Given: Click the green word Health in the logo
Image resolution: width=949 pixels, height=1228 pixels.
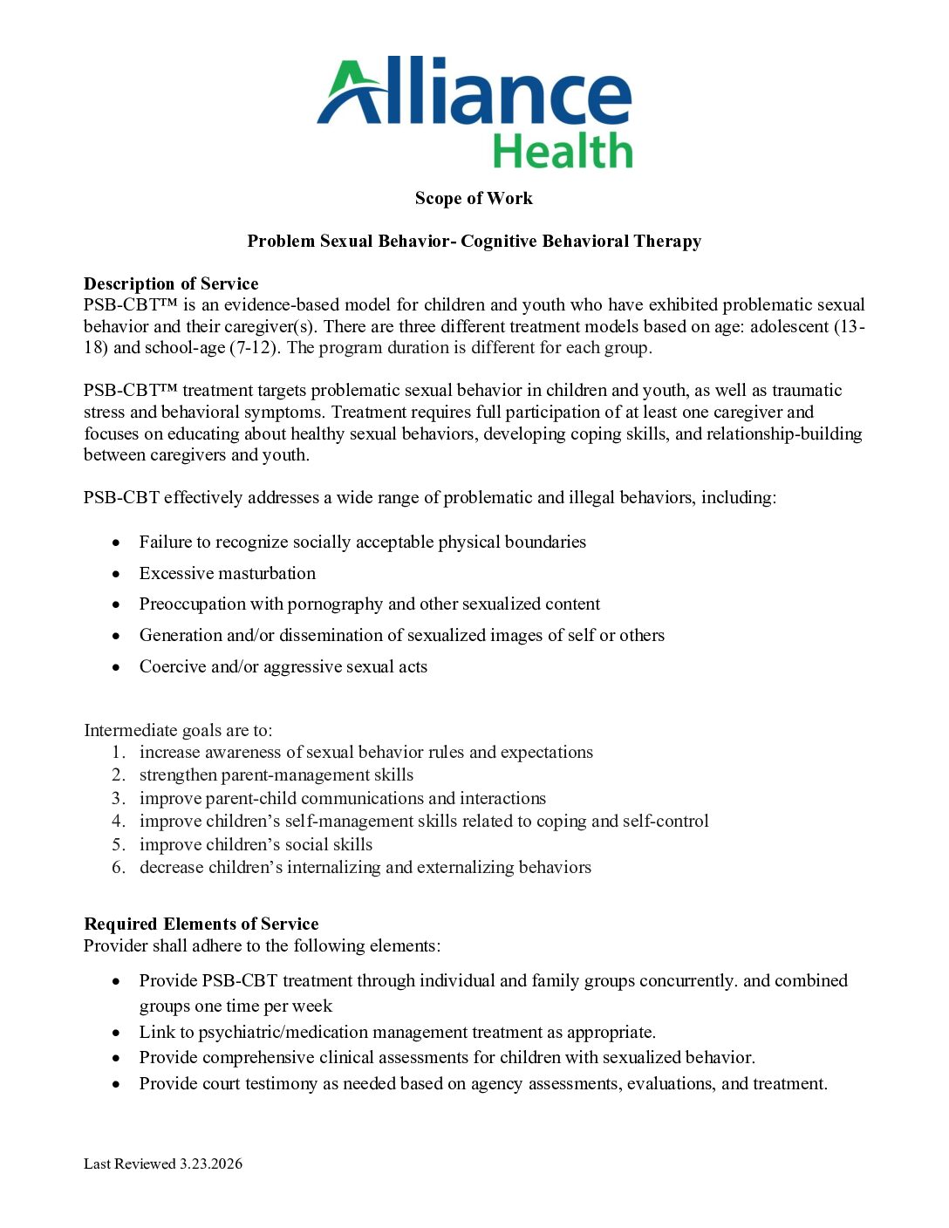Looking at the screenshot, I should click(x=563, y=152).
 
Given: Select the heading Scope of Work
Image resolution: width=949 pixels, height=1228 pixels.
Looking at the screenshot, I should click(x=474, y=199).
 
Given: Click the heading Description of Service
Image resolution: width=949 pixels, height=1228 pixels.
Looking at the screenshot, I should click(x=171, y=283).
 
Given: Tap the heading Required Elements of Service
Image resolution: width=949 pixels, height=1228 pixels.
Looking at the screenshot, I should click(x=201, y=924).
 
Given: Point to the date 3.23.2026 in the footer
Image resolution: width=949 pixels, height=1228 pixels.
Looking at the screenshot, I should click(x=211, y=1163).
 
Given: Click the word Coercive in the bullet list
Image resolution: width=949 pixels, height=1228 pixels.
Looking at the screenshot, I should click(x=171, y=666).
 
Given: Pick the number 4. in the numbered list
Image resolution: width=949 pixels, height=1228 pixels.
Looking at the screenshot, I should click(x=119, y=821).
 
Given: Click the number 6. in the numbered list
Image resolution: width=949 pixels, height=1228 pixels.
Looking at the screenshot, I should click(x=119, y=867).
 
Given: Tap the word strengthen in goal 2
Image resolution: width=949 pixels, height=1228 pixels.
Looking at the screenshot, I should click(x=178, y=774).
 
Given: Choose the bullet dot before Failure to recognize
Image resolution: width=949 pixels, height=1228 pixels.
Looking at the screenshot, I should click(x=116, y=542).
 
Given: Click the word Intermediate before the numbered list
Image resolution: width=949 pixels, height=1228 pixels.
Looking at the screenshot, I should click(x=128, y=730).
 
